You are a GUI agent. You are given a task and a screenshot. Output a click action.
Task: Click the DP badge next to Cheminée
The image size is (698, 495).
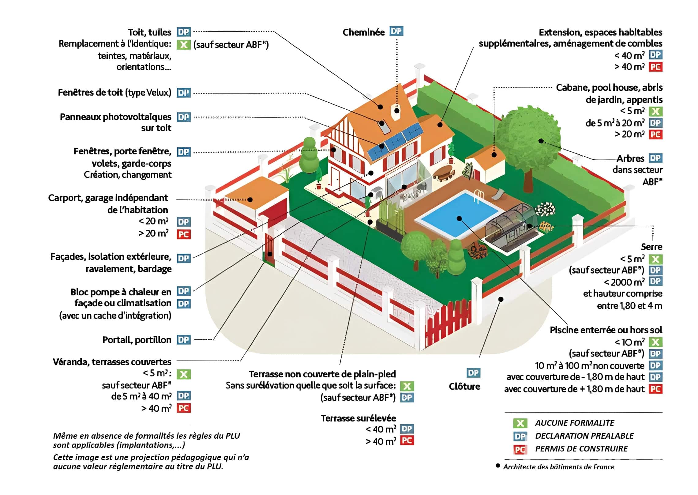tap(396, 31)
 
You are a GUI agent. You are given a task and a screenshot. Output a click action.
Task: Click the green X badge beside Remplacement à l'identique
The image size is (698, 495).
tap(184, 45)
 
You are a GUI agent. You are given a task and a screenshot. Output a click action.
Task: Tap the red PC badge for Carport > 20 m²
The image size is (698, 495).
tap(184, 234)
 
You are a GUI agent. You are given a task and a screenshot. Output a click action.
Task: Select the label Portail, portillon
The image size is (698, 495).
tap(137, 340)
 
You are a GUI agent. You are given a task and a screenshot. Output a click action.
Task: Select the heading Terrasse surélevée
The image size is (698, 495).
tap(358, 418)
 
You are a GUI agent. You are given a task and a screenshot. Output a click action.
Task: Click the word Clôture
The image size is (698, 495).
tap(464, 386)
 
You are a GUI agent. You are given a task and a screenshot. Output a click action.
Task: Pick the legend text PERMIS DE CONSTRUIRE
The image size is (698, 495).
tap(581, 449)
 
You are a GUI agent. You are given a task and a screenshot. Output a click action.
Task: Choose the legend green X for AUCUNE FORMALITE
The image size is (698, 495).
tap(520, 423)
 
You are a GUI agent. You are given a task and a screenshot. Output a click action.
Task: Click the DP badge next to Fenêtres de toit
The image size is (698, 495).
tap(184, 93)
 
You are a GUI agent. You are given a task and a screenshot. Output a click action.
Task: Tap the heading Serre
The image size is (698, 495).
tap(652, 247)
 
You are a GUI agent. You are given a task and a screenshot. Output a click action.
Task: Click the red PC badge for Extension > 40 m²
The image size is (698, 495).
tap(656, 67)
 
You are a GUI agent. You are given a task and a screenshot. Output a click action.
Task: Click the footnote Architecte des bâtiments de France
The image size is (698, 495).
tap(559, 467)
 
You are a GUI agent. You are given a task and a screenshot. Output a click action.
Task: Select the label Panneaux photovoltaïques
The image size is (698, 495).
tap(115, 117)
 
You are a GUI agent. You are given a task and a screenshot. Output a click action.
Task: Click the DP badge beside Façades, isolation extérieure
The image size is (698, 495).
tap(184, 258)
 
